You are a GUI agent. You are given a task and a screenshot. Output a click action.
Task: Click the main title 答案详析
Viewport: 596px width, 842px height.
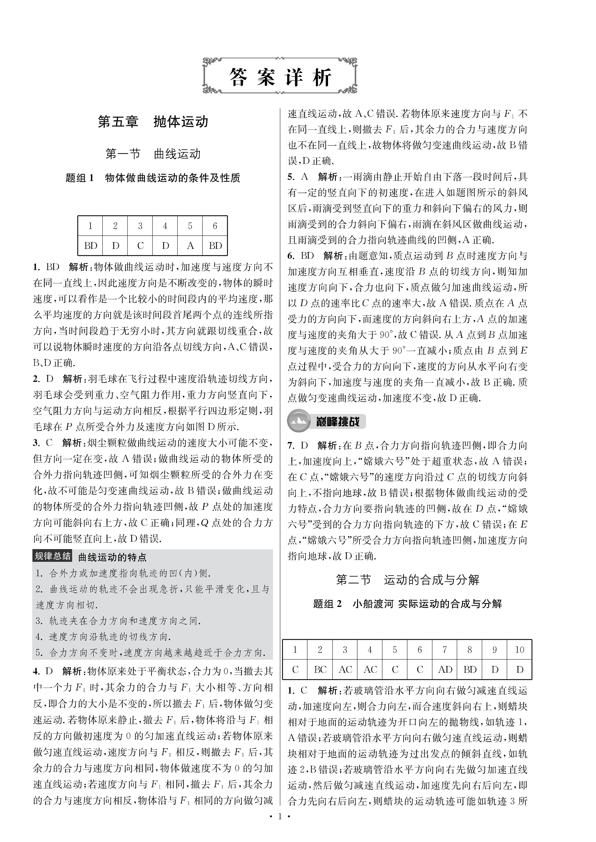coord(280,77)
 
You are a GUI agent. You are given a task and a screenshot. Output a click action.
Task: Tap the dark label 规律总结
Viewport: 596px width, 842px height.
coord(52,556)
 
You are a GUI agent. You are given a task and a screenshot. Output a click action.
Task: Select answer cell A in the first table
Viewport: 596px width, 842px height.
coord(190,245)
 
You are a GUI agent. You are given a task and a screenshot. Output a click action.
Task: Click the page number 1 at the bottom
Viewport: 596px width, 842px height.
coord(280,824)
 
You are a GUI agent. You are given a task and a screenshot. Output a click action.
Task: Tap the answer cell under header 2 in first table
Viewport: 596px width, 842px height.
coord(116,245)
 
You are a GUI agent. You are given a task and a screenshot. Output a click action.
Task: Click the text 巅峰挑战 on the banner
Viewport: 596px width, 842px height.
coord(338,421)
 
